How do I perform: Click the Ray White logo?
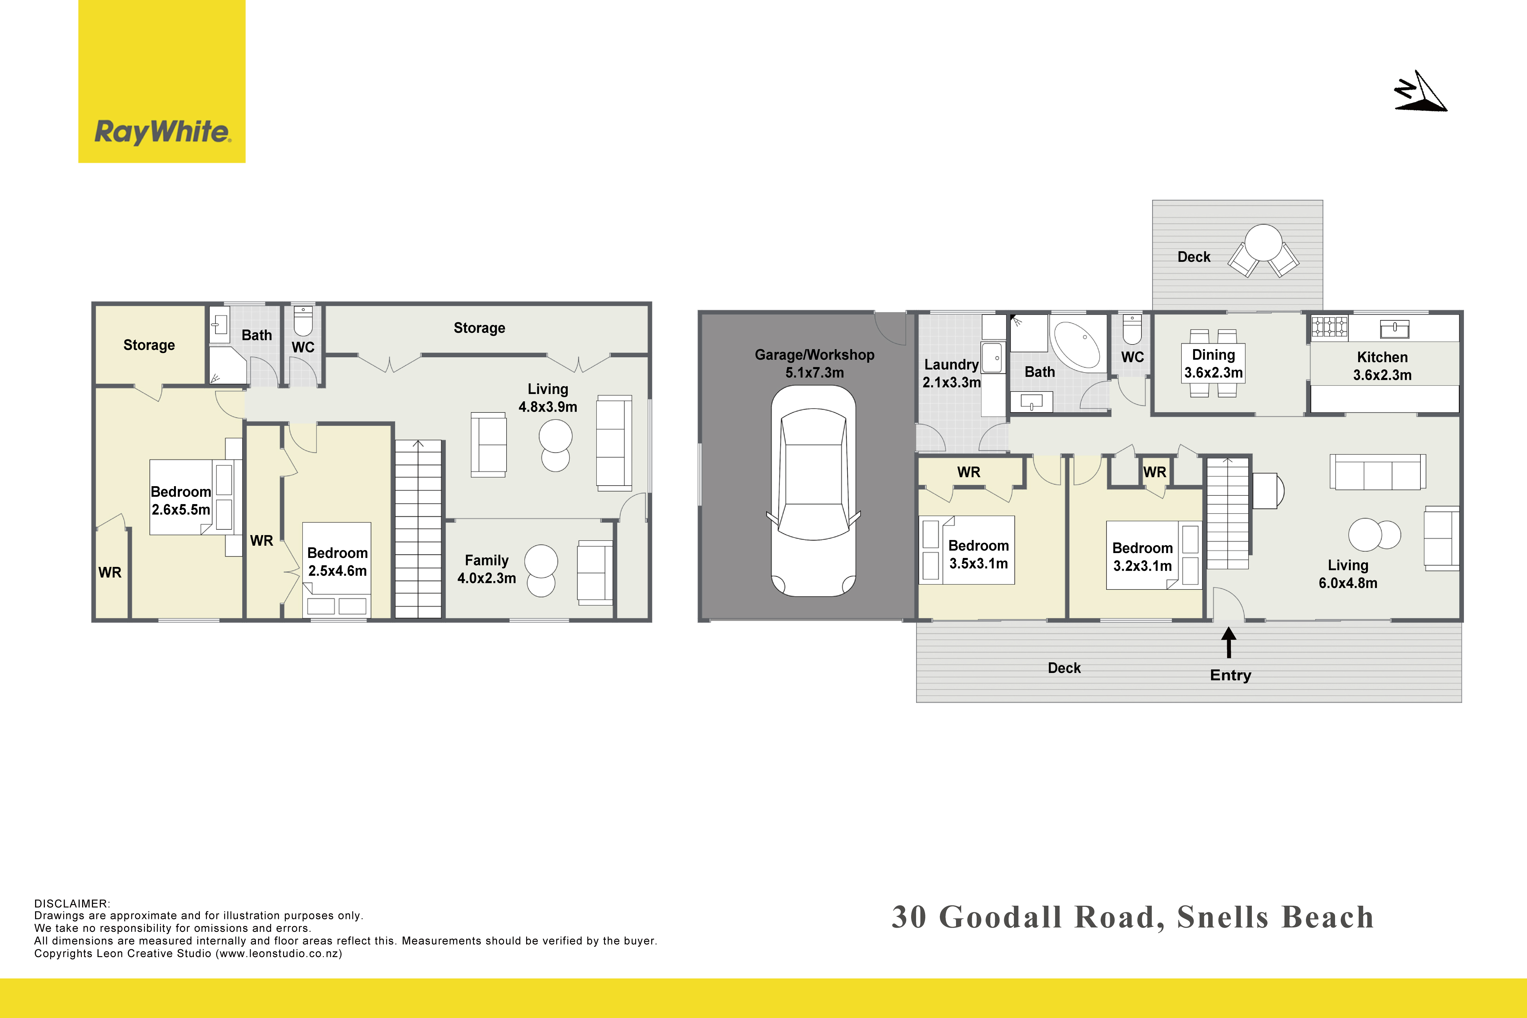(x=162, y=81)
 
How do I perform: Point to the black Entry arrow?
(x=1228, y=643)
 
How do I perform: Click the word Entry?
(x=1230, y=675)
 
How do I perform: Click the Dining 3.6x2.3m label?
(x=1213, y=364)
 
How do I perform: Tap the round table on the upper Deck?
(x=1264, y=242)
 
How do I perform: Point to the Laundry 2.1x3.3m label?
(x=951, y=373)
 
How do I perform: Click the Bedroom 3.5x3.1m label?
(x=978, y=554)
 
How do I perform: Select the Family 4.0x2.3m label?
(x=486, y=569)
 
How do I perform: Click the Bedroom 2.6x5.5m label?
(x=181, y=501)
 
